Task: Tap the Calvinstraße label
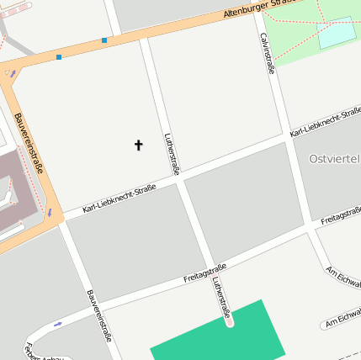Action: point(267,53)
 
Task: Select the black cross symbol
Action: point(138,146)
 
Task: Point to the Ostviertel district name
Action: point(334,158)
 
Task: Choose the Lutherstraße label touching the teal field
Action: point(221,299)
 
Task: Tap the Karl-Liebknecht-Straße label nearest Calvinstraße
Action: point(325,123)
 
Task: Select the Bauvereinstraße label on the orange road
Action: point(31,151)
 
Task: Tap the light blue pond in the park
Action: point(337,33)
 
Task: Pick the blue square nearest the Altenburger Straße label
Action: point(104,40)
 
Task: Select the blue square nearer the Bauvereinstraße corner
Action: point(59,56)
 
